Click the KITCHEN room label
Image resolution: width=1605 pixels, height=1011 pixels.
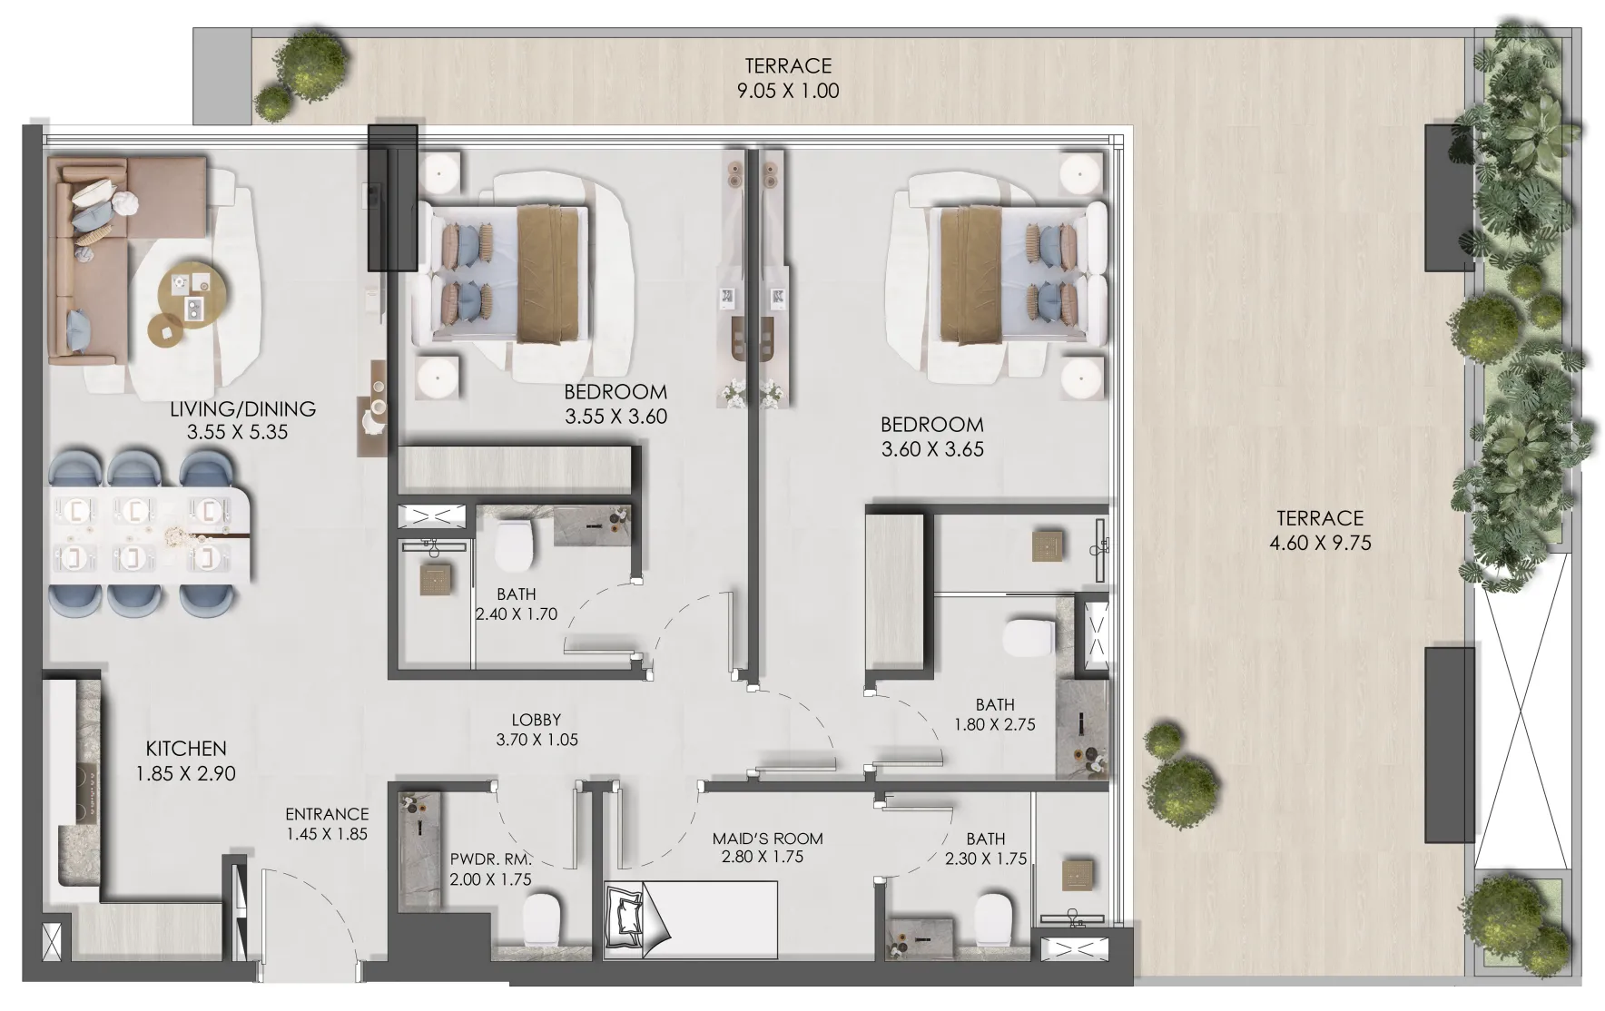(x=186, y=749)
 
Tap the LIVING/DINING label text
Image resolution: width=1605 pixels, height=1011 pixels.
(x=242, y=409)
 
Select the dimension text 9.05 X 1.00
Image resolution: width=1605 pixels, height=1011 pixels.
(x=788, y=91)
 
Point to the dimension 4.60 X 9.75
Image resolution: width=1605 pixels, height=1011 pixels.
(x=1320, y=544)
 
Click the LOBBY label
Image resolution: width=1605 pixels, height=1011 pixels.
(x=536, y=720)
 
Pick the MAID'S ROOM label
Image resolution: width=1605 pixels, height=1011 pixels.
(x=767, y=839)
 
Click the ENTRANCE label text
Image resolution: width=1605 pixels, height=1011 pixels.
(x=327, y=814)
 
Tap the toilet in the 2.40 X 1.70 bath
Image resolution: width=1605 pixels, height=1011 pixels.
(x=513, y=543)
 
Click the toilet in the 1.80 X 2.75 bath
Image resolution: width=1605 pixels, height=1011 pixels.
(x=1029, y=637)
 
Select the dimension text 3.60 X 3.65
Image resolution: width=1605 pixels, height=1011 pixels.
(x=932, y=449)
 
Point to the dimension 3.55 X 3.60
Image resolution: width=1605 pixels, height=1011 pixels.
(x=615, y=417)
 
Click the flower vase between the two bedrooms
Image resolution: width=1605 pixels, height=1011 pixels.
(x=752, y=392)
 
